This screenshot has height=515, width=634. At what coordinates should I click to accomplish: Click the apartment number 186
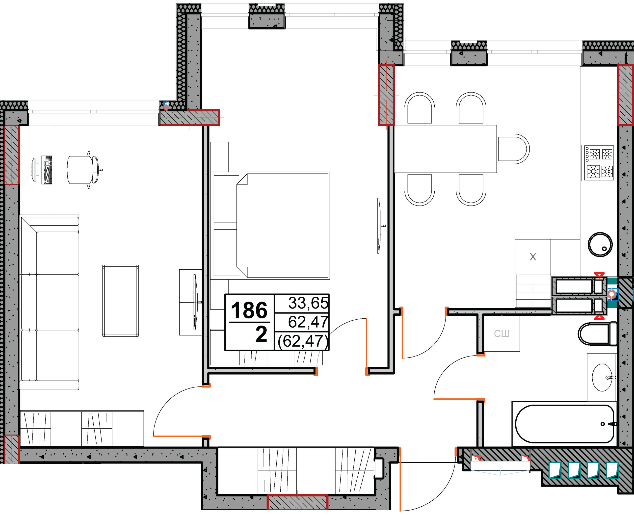click(x=249, y=310)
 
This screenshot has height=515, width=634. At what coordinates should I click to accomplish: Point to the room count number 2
click(x=261, y=334)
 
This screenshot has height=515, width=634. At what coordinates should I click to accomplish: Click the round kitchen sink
click(x=600, y=244)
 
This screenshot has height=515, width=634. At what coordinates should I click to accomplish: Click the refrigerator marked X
click(x=533, y=257)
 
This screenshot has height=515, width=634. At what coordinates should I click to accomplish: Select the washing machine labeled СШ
click(x=502, y=334)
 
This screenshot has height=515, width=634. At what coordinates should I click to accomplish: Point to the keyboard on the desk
click(x=47, y=170)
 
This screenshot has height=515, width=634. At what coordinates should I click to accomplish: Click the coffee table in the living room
click(x=120, y=301)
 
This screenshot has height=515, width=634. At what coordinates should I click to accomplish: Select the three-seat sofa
click(x=49, y=303)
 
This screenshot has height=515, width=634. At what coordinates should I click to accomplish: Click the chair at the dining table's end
click(x=514, y=149)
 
